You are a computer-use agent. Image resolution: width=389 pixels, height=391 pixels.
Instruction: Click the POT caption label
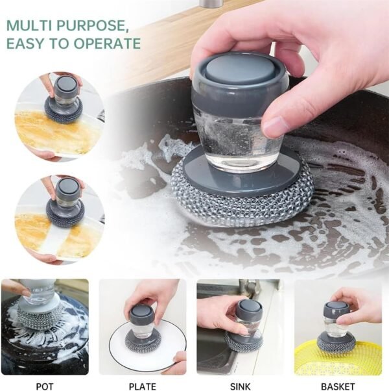coord(45,386)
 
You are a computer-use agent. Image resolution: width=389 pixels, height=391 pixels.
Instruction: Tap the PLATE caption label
coord(142,386)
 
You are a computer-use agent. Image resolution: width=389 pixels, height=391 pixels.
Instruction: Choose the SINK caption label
coord(240,386)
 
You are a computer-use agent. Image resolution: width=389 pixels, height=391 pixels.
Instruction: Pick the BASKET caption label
coord(338,386)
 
